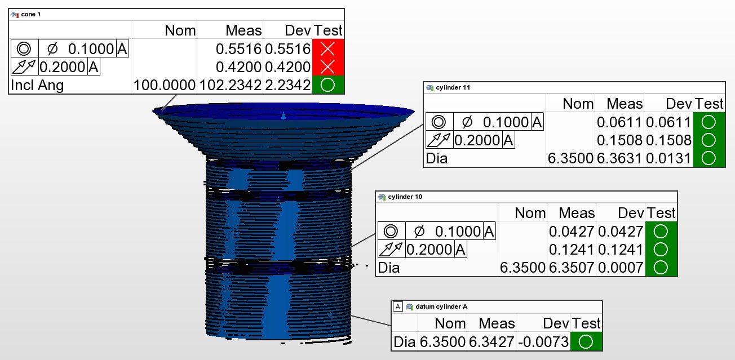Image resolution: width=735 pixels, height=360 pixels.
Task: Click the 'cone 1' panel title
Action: pyautogui.click(x=30, y=15)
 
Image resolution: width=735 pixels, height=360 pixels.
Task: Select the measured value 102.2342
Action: pyautogui.click(x=230, y=85)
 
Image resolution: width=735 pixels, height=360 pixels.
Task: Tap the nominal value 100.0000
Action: pyautogui.click(x=164, y=85)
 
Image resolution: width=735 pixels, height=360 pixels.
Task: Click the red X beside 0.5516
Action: pyautogui.click(x=327, y=49)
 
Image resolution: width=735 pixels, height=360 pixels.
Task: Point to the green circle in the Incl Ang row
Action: pyautogui.click(x=327, y=85)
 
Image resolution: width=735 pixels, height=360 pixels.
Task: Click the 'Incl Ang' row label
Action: pyautogui.click(x=37, y=85)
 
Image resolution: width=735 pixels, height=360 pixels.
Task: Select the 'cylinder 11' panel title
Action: pyautogui.click(x=453, y=87)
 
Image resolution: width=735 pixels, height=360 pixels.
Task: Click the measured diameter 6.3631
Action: pyautogui.click(x=619, y=158)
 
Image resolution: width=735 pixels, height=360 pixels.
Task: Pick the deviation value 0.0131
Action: pyautogui.click(x=668, y=158)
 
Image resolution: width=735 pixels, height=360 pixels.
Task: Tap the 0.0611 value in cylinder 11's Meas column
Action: pyautogui.click(x=619, y=122)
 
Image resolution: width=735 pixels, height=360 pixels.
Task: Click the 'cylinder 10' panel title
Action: pyautogui.click(x=405, y=197)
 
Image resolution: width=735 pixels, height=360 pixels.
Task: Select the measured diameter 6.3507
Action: pyautogui.click(x=571, y=268)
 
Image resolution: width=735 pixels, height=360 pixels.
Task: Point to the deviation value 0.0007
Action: pyautogui.click(x=621, y=268)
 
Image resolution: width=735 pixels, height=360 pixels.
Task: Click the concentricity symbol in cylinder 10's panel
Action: pyautogui.click(x=391, y=232)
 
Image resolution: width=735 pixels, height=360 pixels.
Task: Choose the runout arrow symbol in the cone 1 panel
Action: pyautogui.click(x=24, y=67)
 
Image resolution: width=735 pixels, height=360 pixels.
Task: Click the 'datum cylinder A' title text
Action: pyautogui.click(x=441, y=306)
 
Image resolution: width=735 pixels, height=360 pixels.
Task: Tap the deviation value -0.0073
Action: pyautogui.click(x=543, y=342)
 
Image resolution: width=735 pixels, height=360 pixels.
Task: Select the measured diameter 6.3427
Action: pyautogui.click(x=491, y=342)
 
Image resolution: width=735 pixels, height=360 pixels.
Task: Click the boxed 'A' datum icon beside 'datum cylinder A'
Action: pyautogui.click(x=398, y=306)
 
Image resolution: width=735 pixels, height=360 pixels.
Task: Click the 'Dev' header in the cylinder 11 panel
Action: pyautogui.click(x=679, y=104)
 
